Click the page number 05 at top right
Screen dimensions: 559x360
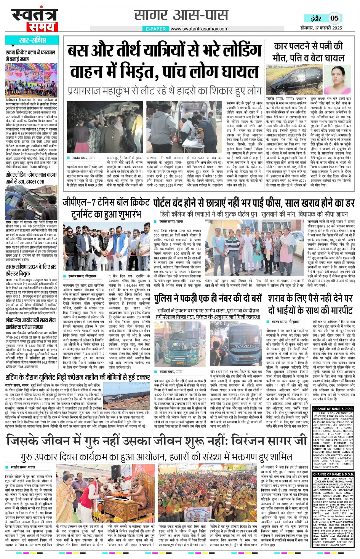click(x=334, y=18)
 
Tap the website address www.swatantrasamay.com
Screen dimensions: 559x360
click(x=199, y=29)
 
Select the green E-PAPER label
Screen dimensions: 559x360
click(x=156, y=29)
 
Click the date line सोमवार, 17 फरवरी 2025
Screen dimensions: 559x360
click(x=321, y=28)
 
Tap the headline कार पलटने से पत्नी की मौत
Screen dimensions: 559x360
click(x=309, y=52)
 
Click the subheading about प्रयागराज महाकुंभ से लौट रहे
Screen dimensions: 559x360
click(x=165, y=91)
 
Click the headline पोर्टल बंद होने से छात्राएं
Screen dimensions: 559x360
click(x=254, y=203)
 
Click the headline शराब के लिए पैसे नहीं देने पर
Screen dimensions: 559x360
click(x=310, y=304)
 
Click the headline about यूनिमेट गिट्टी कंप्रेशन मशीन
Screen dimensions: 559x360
click(x=78, y=377)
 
